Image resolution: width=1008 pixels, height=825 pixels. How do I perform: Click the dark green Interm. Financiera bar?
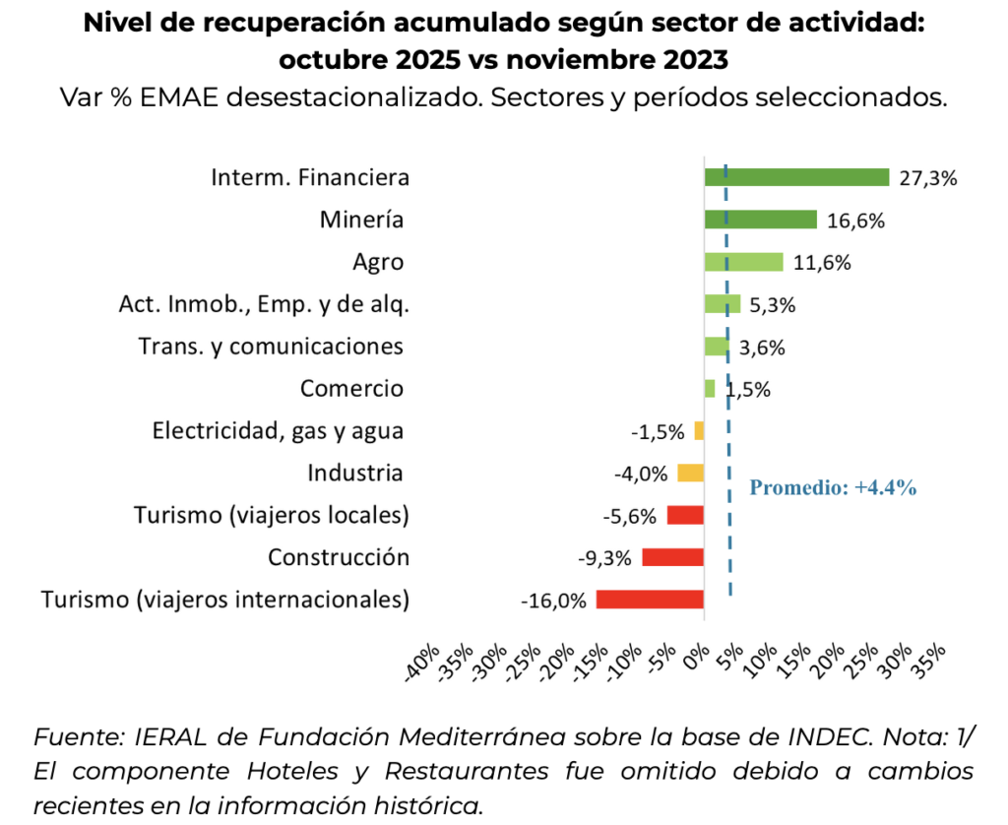click(796, 177)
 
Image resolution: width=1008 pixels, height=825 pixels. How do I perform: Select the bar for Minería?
click(760, 220)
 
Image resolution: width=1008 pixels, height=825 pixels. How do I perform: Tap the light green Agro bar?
click(743, 262)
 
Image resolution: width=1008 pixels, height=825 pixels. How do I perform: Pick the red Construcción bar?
click(673, 557)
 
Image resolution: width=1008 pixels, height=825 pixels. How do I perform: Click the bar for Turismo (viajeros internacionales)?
click(650, 600)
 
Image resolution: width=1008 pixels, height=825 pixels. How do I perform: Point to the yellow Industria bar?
click(690, 473)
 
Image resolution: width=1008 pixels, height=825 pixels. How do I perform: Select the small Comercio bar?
click(710, 389)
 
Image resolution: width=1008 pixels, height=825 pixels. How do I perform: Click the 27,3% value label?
click(927, 178)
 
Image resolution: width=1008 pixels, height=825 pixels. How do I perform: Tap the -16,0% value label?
click(554, 601)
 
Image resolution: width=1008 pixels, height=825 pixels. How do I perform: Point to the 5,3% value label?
click(772, 305)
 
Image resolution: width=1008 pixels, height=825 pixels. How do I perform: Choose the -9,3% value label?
click(603, 558)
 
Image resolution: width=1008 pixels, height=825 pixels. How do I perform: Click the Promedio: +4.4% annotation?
click(833, 486)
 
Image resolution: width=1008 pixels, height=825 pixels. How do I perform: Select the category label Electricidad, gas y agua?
click(278, 431)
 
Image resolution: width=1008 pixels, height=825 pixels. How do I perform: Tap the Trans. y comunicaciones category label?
click(271, 347)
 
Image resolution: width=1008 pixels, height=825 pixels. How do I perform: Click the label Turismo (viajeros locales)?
click(271, 515)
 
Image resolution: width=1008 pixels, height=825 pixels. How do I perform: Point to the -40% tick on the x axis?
click(425, 661)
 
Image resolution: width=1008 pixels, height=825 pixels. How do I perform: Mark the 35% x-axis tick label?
click(929, 658)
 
